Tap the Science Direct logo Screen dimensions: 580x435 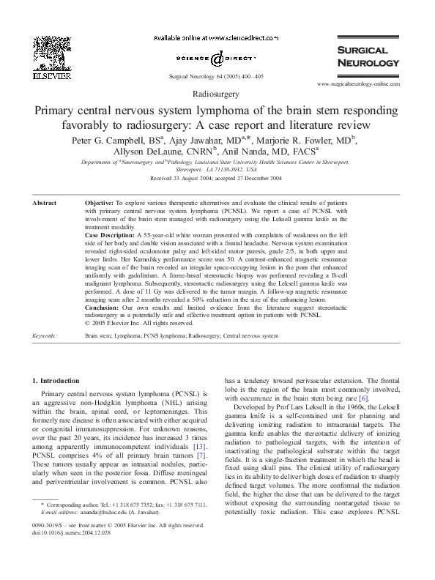tap(218, 57)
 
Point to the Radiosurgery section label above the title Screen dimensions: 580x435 tap(217, 95)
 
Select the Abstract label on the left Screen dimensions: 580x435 tap(46, 201)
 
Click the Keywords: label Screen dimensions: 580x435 tap(45, 335)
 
